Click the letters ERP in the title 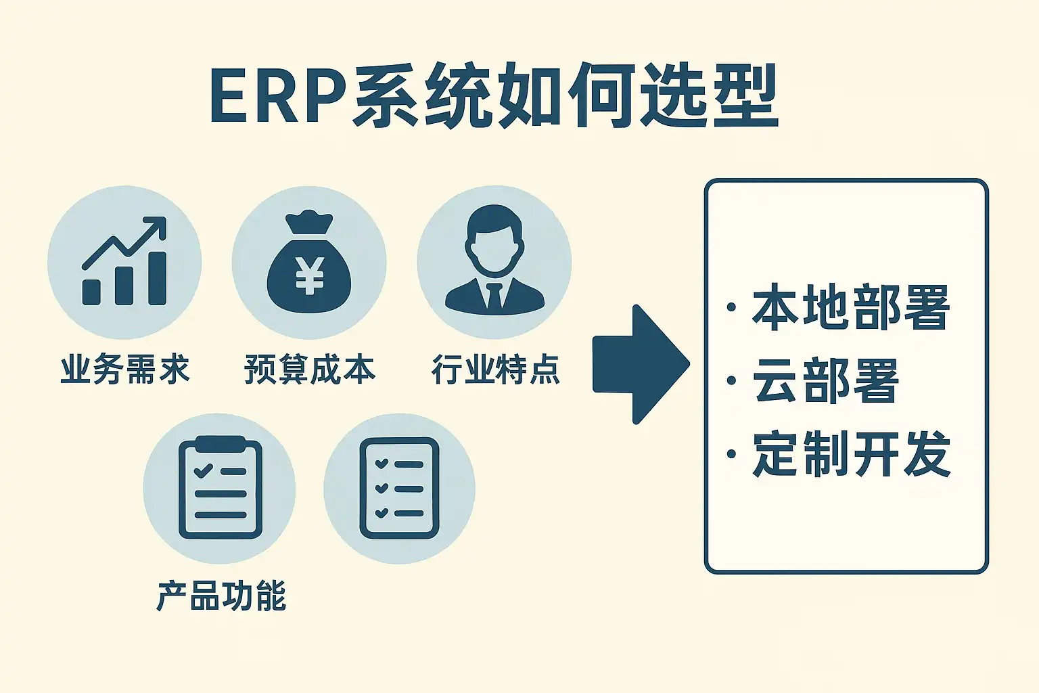tap(277, 97)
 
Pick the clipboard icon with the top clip tap(220, 487)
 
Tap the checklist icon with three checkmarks tap(399, 487)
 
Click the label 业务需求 tap(125, 370)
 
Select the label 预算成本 tap(309, 370)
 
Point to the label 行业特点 tap(496, 370)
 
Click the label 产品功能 tap(221, 596)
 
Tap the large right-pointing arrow tap(640, 364)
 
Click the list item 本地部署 tap(851, 308)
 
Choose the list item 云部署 tap(825, 380)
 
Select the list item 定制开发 tap(851, 453)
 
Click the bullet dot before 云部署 tap(731, 380)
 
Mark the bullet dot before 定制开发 tap(731, 453)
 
